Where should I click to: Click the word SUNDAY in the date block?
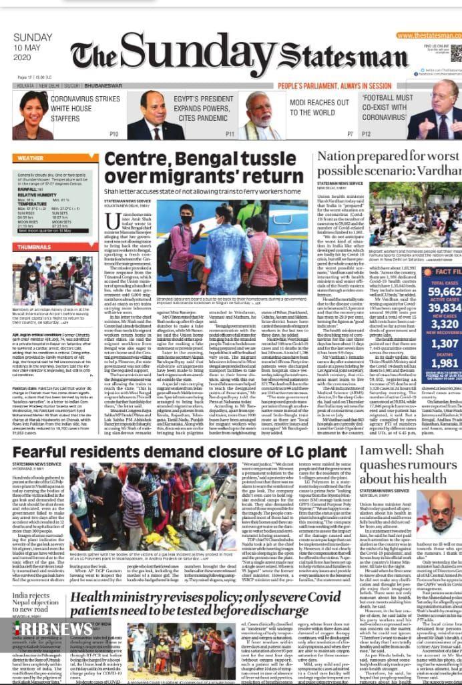click(32, 37)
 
